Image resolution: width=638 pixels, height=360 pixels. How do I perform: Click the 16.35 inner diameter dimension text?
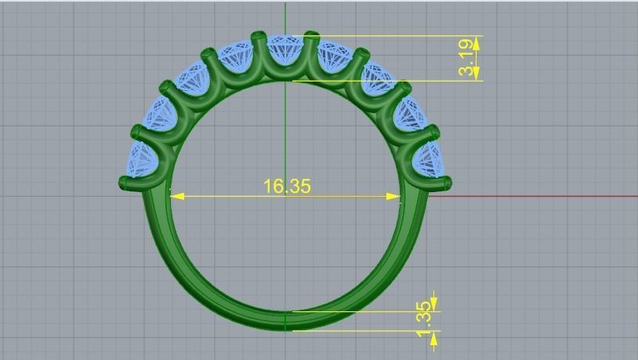(x=287, y=186)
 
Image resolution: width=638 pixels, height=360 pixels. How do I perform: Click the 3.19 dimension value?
(x=467, y=58)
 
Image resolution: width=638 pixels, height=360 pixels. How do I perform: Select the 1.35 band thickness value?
(x=424, y=320)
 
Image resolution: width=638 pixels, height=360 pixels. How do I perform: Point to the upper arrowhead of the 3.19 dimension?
(x=476, y=42)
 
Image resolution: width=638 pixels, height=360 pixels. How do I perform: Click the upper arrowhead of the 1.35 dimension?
(x=433, y=304)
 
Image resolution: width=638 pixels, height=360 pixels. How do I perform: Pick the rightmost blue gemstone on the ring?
(x=428, y=160)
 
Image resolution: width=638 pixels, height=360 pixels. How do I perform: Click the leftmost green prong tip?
(x=125, y=184)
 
